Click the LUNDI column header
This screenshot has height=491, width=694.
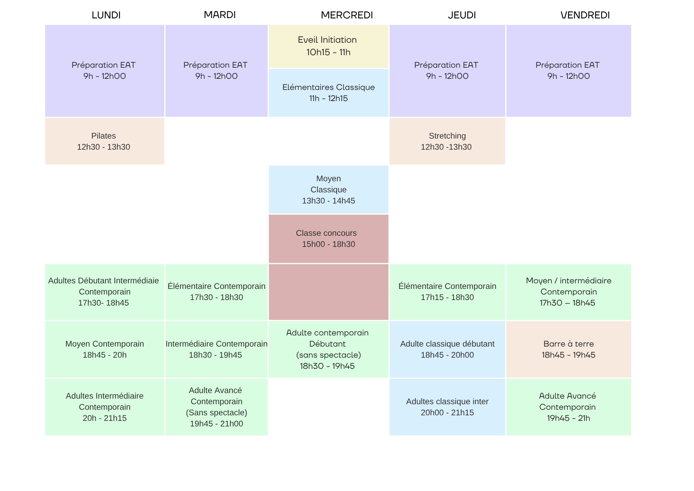[106, 15]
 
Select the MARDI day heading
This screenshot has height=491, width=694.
[220, 15]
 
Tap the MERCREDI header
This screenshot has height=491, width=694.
[347, 15]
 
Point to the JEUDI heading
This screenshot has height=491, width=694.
[462, 15]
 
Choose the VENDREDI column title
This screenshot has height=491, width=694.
[585, 15]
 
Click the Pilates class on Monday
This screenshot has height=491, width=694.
[104, 141]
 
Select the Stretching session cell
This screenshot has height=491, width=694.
[447, 141]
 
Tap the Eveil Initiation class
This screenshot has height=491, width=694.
[329, 46]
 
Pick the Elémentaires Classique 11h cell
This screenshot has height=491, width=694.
[329, 93]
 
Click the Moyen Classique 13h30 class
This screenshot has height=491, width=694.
[329, 190]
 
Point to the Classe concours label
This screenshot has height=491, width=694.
[326, 233]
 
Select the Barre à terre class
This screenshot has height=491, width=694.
[569, 349]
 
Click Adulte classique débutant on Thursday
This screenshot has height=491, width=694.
[447, 349]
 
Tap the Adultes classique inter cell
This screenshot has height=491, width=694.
[447, 407]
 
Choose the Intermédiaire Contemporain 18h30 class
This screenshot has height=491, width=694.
[217, 349]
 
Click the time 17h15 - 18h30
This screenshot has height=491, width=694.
[447, 297]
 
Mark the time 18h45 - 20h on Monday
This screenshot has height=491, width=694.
[104, 355]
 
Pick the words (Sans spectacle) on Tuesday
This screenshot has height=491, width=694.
[217, 413]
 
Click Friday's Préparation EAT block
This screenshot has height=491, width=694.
[569, 71]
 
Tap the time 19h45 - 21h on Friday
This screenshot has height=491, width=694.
[568, 418]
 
